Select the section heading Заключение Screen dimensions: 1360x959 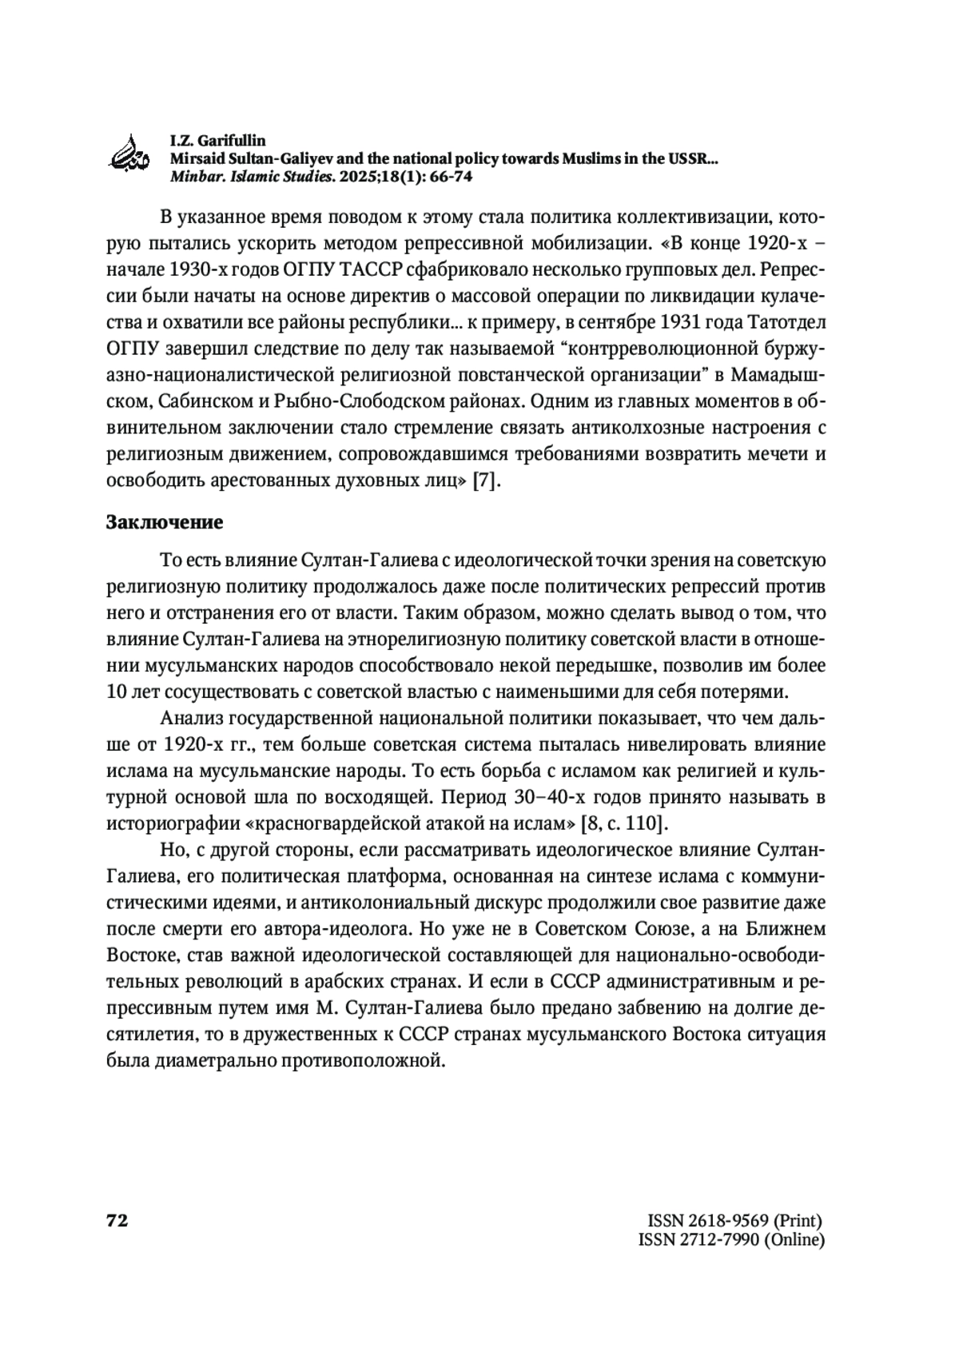pyautogui.click(x=164, y=523)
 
